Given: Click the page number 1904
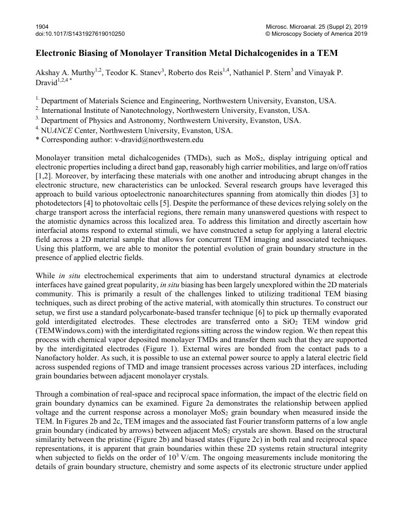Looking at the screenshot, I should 42,26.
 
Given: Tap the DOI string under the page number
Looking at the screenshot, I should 80,34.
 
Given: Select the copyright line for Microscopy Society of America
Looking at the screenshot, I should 316,34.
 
